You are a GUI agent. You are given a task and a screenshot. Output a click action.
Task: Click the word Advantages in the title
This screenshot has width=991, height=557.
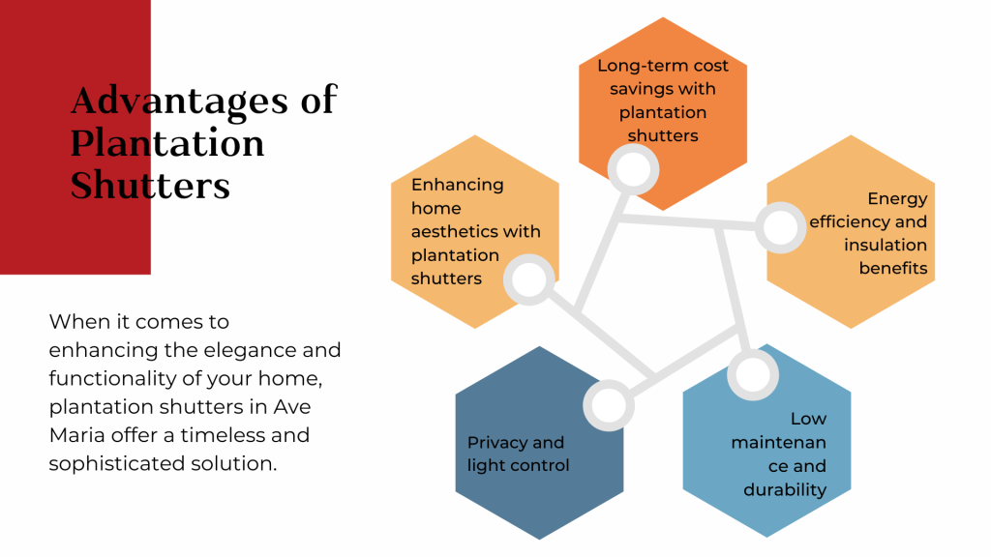179,101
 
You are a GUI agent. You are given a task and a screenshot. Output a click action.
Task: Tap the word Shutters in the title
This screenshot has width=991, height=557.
150,185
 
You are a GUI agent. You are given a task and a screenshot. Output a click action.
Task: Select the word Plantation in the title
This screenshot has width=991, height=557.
166,143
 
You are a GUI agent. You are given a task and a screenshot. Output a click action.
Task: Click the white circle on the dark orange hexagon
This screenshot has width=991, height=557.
633,169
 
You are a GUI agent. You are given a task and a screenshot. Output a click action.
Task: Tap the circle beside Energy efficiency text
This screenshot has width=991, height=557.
781,227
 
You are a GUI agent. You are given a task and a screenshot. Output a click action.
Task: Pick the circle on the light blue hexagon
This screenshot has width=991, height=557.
753,374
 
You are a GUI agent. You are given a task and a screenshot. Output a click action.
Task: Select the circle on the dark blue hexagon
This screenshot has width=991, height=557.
609,405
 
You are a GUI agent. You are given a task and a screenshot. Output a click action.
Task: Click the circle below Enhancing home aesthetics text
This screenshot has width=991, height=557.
529,279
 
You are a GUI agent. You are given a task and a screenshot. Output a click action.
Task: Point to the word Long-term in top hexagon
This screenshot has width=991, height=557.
634,66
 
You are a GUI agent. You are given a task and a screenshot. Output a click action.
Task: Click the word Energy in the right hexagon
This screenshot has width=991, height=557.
897,199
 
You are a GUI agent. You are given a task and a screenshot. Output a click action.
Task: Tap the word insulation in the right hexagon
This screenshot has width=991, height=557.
886,245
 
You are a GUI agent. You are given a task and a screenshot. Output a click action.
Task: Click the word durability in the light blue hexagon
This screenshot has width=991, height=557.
785,490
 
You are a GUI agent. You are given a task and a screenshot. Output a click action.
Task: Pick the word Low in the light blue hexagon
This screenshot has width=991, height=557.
808,419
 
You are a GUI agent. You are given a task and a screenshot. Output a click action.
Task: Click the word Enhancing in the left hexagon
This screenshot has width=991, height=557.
458,186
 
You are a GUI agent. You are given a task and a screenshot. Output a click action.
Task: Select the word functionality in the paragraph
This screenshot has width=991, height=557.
112,378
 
